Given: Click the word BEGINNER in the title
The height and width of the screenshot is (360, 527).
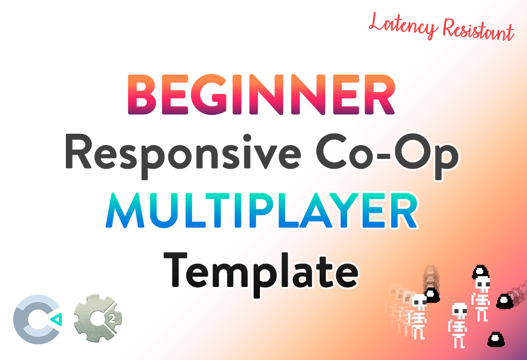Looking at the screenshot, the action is click(261, 94).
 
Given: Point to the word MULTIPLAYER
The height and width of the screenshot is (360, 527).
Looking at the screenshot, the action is click(261, 211).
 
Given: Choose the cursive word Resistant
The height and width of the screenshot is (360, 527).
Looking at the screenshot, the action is click(479, 29).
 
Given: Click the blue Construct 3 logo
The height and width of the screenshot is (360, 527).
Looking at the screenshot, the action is click(38, 319).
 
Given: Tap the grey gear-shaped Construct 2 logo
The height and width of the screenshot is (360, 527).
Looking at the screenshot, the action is click(98, 318).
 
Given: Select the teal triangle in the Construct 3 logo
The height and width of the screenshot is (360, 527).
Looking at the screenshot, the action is click(56, 319).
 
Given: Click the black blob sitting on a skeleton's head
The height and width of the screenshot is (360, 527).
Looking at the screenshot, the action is click(481, 272).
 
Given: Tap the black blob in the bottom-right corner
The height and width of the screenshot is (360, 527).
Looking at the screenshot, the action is click(496, 339).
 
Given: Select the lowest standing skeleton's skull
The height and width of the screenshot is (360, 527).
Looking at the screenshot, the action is click(459, 310).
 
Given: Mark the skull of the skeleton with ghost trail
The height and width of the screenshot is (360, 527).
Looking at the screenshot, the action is click(419, 302).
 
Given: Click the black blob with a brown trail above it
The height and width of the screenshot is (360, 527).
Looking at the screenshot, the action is click(432, 295).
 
